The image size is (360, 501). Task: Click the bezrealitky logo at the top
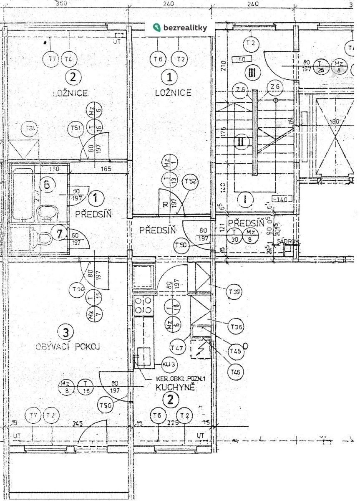180,28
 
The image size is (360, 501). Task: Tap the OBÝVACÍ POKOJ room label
69,346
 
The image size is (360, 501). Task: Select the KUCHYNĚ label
175,387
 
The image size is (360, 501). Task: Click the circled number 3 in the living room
65,332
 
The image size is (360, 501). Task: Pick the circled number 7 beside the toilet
60,234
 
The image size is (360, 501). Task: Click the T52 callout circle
191,182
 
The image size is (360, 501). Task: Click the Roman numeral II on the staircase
241,141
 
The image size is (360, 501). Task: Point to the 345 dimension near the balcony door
77,423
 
